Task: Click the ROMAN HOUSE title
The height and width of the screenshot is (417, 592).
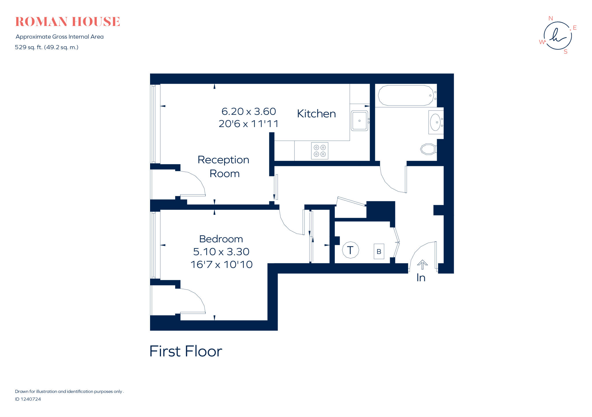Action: [67, 22]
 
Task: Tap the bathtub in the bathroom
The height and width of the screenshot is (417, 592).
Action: [406, 95]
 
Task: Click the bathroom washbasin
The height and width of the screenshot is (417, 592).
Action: [435, 122]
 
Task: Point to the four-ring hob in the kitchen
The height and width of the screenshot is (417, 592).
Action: [320, 151]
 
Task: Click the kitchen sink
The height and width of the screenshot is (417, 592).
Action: [359, 121]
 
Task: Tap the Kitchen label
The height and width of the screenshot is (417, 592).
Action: [316, 114]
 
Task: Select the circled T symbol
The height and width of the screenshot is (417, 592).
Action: [350, 250]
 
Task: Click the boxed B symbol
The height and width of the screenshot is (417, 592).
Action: [379, 252]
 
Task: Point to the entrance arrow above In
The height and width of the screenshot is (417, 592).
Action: [422, 264]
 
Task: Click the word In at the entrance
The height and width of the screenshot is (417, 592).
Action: [421, 278]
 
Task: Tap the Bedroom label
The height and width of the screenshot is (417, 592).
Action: [221, 239]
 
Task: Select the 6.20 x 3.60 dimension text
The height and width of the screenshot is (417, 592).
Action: [249, 111]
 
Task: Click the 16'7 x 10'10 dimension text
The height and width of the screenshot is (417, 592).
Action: [221, 265]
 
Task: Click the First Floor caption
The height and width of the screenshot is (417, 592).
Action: [186, 351]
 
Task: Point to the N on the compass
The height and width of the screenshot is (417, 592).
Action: [550, 18]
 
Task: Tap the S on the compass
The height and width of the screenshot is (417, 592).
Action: [565, 52]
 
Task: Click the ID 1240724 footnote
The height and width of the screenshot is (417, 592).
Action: [28, 399]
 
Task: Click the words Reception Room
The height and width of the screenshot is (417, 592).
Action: [224, 167]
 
